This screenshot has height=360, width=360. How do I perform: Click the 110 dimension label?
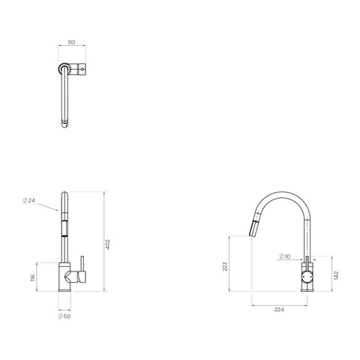[x=71, y=43]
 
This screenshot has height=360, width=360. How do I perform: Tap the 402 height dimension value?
[x=107, y=244]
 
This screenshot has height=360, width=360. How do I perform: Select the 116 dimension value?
[x=33, y=277]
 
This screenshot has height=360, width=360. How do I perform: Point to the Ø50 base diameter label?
[x=64, y=316]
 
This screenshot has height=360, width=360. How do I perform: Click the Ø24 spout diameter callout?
[x=28, y=200]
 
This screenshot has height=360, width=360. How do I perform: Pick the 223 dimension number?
[x=225, y=266]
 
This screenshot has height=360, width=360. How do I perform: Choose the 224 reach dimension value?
[x=279, y=310]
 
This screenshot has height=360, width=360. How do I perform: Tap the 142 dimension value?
[x=336, y=275]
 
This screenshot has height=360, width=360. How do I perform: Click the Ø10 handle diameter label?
[x=284, y=256]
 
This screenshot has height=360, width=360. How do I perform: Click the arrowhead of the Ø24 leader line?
[x=58, y=210]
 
